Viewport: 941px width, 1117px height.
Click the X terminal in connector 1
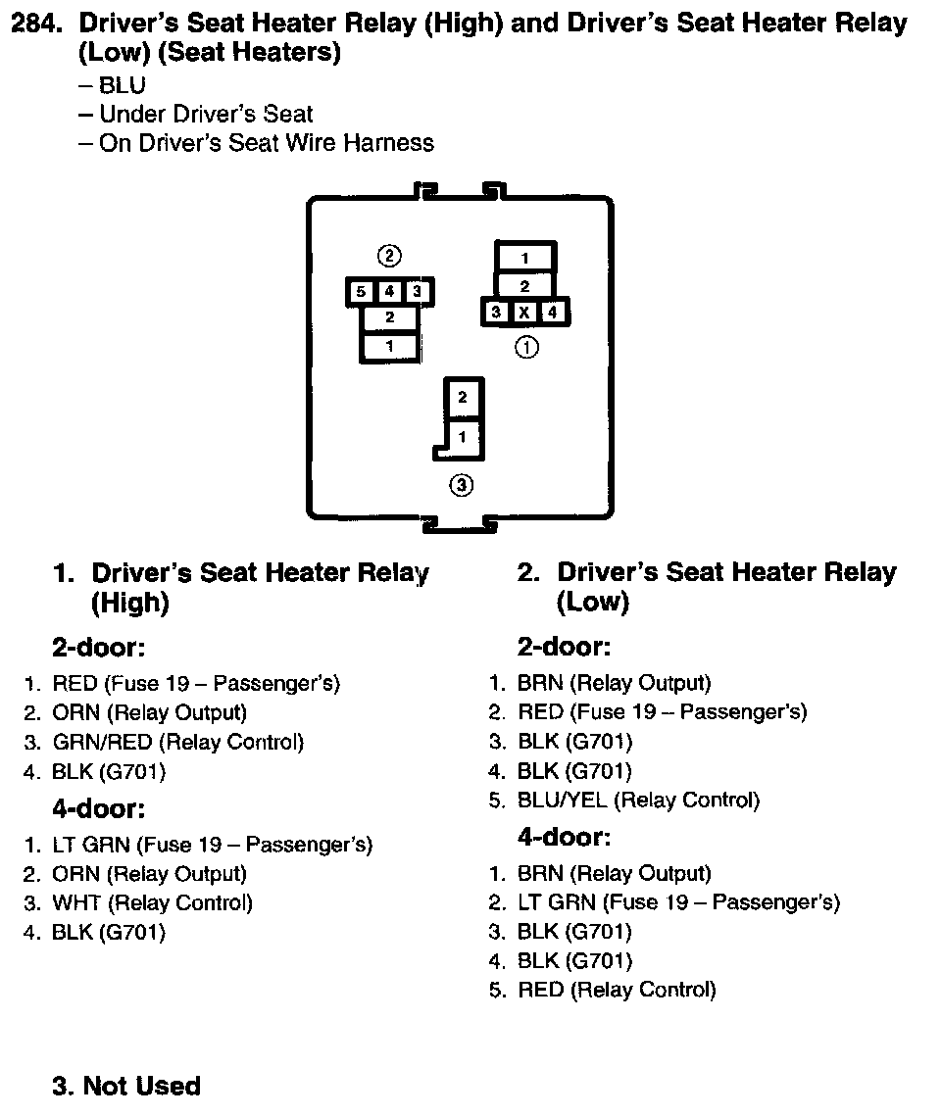coord(525,313)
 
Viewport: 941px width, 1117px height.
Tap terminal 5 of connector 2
coord(361,292)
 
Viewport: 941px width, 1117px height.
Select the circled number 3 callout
coord(461,484)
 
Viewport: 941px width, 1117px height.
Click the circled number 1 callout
coord(526,346)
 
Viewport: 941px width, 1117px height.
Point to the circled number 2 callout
coord(389,257)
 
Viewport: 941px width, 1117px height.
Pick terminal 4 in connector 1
coord(553,313)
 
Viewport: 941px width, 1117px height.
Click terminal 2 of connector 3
coord(462,398)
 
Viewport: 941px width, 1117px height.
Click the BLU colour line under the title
coord(122,86)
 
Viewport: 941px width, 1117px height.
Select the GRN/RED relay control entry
coord(177,742)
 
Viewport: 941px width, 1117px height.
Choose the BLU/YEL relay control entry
coord(638,801)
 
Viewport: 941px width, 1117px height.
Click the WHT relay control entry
coord(152,902)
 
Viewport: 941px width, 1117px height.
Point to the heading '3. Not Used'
coord(126,1086)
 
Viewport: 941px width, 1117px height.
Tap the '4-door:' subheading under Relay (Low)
coord(564,838)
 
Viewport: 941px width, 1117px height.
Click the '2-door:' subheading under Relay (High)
coord(98,648)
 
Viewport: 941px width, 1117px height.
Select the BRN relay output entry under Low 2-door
coord(614,683)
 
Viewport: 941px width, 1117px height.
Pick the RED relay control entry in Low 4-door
coord(617,990)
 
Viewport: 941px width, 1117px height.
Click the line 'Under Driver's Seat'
coord(206,115)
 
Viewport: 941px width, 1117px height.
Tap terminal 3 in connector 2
coord(416,292)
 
